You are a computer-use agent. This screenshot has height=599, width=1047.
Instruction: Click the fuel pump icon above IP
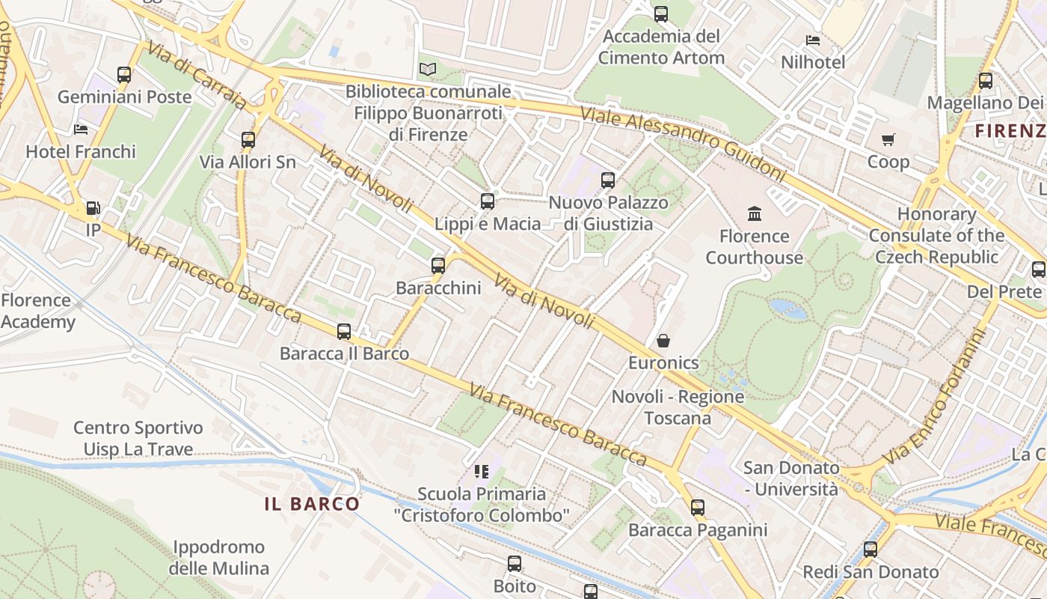pos(93,208)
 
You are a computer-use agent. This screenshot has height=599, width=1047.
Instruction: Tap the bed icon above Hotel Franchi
pos(81,130)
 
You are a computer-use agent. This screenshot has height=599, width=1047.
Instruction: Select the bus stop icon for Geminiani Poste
pos(124,75)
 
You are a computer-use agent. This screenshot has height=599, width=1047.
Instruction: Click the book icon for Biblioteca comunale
pos(427,70)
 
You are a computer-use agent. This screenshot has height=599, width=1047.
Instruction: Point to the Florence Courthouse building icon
pos(755,214)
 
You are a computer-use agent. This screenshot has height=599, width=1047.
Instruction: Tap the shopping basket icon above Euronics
pos(663,341)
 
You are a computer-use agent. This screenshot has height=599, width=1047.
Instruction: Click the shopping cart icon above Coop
pos(888,139)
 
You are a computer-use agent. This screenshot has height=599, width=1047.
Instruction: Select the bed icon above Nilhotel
pos(813,40)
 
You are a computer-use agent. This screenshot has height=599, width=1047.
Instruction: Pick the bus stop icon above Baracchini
pos(438,265)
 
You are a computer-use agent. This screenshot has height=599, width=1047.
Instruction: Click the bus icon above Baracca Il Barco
pos(344,331)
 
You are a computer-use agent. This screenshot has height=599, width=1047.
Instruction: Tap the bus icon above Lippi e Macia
pos(488,201)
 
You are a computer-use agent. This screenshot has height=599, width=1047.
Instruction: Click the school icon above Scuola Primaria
pos(482,472)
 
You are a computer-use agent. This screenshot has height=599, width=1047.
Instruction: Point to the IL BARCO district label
pos(312,504)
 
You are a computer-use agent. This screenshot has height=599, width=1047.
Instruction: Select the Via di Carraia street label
pos(197,75)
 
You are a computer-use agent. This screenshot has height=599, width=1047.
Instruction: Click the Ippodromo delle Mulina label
pos(218,558)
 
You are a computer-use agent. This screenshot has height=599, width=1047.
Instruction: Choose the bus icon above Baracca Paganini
pos(698,508)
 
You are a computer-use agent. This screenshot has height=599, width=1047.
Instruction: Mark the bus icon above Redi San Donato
pos(871,550)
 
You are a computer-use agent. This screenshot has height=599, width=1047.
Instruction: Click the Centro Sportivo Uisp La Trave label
pos(138,439)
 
